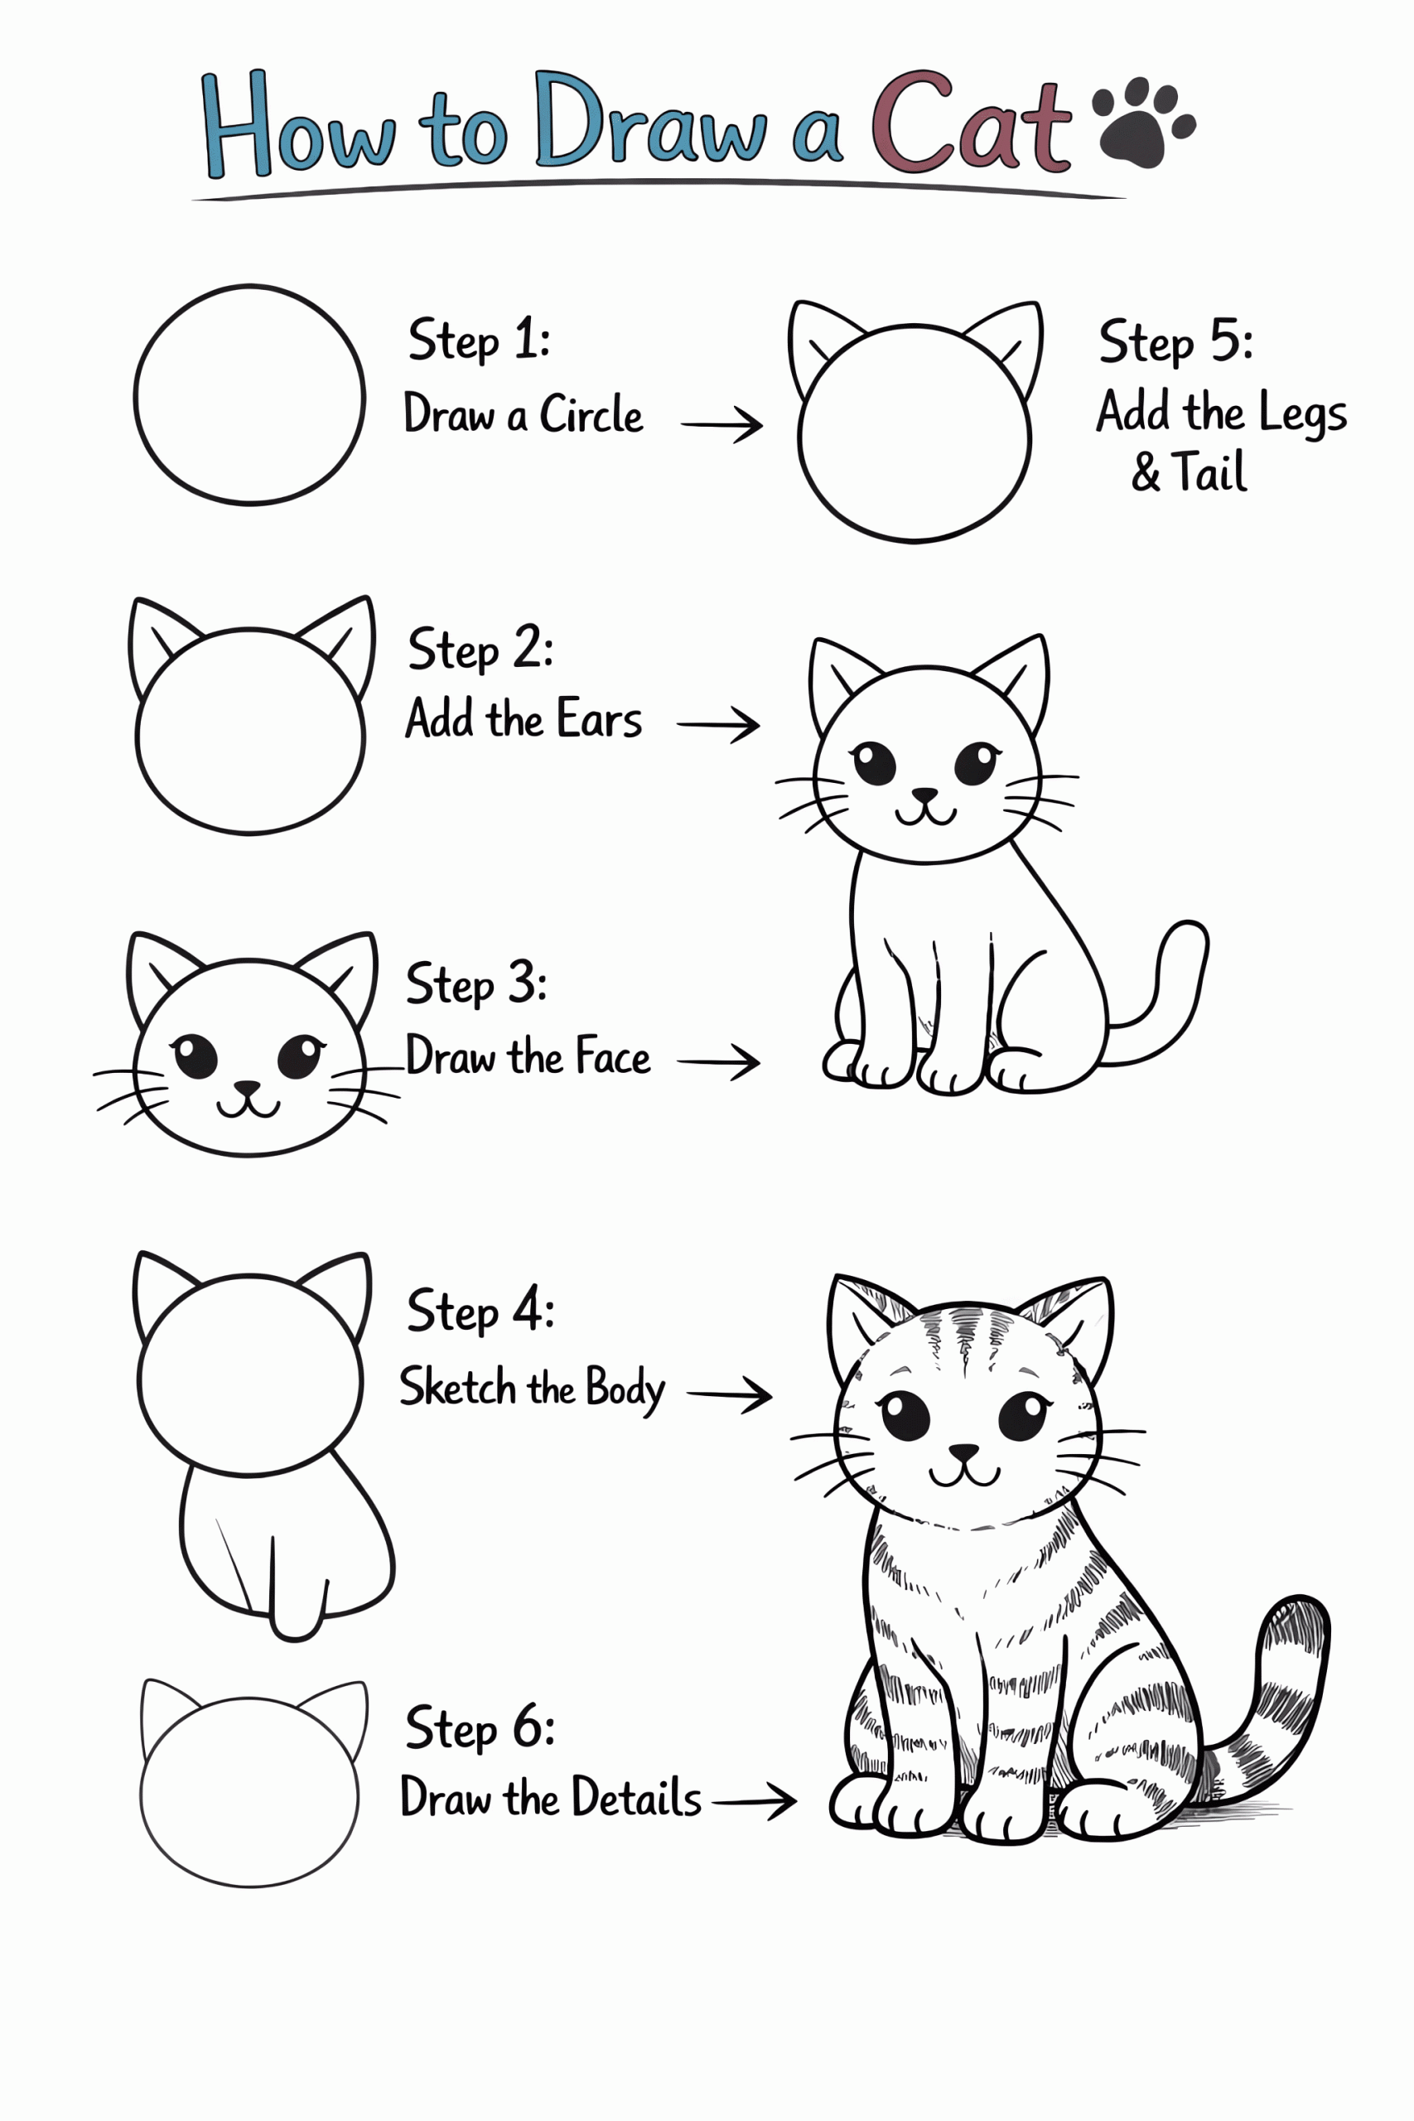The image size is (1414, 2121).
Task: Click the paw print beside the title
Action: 1142,122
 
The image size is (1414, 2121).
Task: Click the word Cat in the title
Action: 970,123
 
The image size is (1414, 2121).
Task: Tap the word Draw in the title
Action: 649,122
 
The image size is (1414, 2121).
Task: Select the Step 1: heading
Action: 478,341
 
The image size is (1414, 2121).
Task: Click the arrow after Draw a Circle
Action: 721,424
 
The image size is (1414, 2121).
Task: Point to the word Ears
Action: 599,720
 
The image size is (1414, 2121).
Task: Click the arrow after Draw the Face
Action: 719,1061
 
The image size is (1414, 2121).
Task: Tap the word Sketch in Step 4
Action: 457,1387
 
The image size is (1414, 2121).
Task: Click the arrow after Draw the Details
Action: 754,1802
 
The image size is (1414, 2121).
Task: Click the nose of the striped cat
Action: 963,1451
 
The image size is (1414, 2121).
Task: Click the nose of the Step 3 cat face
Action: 246,1089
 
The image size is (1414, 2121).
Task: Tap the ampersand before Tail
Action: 1146,472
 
